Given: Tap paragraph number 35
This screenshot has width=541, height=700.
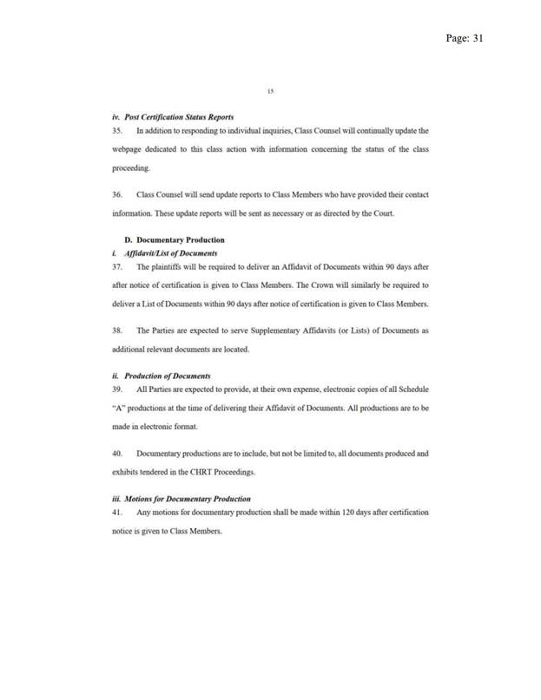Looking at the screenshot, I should (118, 130).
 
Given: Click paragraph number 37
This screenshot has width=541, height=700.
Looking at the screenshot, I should (118, 265).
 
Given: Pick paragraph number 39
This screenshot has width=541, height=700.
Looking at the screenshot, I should (118, 389).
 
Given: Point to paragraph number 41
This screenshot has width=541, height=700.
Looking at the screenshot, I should (118, 512).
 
